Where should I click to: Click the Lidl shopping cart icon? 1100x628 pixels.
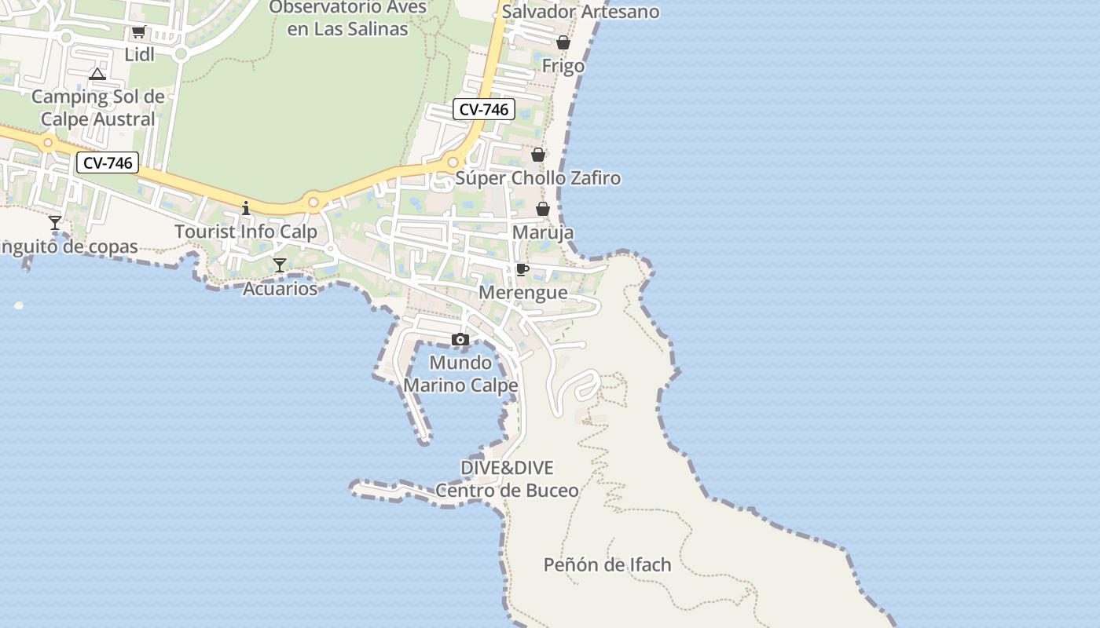click(139, 32)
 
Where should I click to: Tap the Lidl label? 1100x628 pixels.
click(140, 54)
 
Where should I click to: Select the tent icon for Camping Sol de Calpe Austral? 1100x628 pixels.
click(97, 75)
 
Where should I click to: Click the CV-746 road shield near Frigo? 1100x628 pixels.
click(484, 110)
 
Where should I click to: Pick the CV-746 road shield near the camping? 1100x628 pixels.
click(108, 163)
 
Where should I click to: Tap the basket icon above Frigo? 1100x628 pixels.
click(563, 43)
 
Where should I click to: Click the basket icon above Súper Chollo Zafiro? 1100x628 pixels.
click(538, 155)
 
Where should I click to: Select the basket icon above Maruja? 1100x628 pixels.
click(543, 209)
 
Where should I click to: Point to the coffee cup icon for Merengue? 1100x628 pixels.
click(522, 270)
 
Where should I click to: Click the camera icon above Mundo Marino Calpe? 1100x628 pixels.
click(460, 340)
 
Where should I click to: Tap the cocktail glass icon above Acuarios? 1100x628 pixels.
click(280, 265)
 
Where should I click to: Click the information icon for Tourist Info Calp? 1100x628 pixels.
click(247, 208)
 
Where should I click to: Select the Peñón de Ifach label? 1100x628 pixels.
click(607, 564)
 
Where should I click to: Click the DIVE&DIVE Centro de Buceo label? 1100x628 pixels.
click(507, 479)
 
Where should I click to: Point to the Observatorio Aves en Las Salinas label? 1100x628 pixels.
click(348, 18)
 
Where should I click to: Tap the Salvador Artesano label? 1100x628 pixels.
click(581, 12)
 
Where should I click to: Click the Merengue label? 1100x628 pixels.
click(523, 293)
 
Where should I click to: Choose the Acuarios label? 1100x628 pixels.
click(280, 289)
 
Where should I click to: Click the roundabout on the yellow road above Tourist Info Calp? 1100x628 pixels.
click(313, 203)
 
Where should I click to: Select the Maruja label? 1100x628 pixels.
click(543, 233)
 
